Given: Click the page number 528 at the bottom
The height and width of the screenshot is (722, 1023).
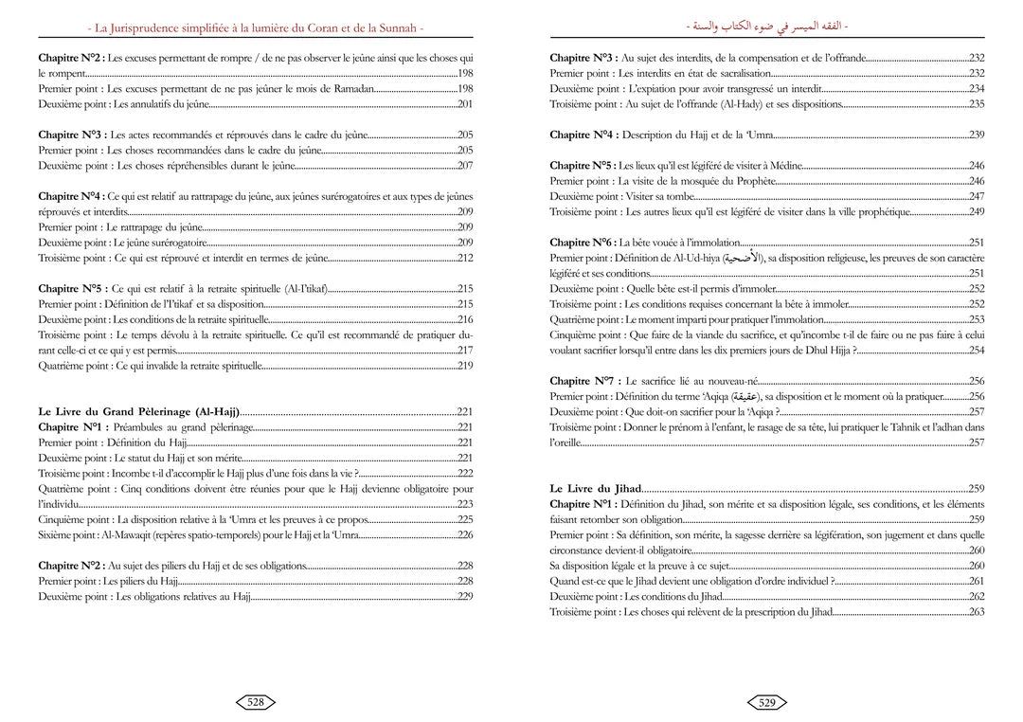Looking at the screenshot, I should tap(255, 702).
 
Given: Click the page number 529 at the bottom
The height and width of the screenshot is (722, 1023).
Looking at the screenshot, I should tap(766, 702).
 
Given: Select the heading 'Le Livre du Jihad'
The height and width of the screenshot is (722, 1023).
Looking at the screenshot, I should tap(595, 489).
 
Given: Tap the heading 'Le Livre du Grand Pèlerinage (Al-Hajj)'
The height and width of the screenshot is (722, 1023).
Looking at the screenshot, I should tap(138, 412).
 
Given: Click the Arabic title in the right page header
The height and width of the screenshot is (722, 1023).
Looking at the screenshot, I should tap(766, 22).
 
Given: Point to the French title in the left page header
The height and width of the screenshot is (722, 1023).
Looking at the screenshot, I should tap(255, 22).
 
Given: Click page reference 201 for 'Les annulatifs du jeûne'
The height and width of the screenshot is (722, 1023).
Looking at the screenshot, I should tap(464, 103).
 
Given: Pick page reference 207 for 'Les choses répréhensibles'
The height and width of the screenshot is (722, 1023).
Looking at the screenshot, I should tap(464, 166).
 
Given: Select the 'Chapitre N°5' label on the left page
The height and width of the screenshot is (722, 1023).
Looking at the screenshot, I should tap(73, 289).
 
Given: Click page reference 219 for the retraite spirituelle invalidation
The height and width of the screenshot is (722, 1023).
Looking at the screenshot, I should tap(464, 366).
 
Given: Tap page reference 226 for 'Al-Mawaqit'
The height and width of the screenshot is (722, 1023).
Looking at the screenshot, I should tap(464, 535).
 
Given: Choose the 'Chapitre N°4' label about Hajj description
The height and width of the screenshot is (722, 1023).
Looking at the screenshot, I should tap(584, 135).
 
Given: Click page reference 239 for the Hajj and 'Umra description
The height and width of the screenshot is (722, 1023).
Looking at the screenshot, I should tap(977, 135).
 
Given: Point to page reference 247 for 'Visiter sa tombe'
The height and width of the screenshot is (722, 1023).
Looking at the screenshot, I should tap(977, 196).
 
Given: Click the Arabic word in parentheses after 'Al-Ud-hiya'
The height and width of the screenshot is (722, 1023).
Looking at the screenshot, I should tap(744, 258).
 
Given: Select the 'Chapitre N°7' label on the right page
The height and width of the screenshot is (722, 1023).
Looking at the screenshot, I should tap(584, 381).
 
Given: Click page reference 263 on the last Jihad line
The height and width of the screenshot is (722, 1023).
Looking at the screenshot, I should tap(977, 612).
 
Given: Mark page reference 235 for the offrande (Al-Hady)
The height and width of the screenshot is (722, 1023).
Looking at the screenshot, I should tap(977, 103).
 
